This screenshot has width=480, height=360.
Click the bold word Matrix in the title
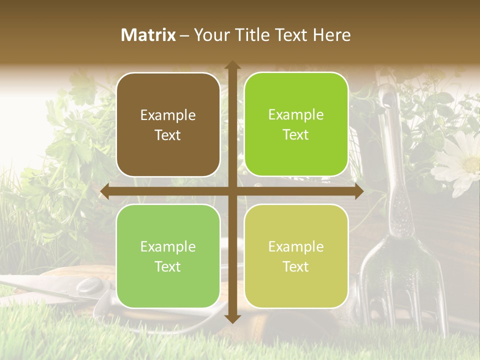148,35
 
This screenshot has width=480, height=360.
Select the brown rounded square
168,124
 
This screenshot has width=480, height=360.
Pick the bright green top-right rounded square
296,124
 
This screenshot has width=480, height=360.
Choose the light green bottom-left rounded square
168,256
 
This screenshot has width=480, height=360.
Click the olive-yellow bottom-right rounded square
296,256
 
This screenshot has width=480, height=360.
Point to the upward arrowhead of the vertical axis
232,65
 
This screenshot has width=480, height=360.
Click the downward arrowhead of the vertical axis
232,318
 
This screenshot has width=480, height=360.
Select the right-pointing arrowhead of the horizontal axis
358,191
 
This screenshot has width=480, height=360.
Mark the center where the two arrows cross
232,191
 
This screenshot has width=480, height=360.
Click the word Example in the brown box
168,115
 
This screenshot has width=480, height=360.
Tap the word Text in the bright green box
296,135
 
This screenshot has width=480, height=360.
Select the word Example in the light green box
168,246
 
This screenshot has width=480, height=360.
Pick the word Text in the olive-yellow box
296,266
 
